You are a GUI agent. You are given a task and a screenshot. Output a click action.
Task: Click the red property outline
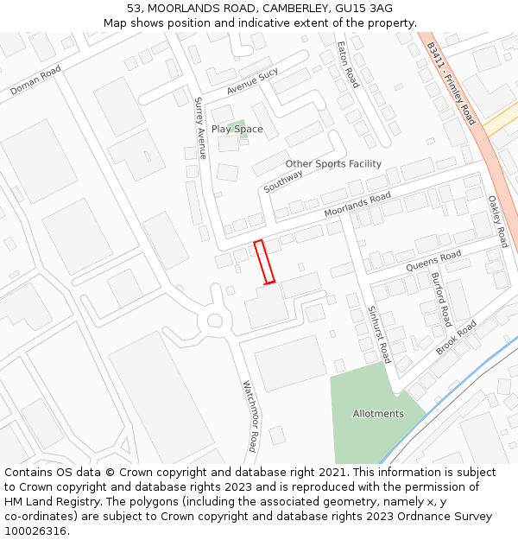[x=264, y=261]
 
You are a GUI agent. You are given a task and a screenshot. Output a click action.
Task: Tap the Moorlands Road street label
[x=357, y=205]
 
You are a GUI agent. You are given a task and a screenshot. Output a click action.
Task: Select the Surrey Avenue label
[x=200, y=128]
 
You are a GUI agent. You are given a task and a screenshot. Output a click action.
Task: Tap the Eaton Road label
[x=348, y=64]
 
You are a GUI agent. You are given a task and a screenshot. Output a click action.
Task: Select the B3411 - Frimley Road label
[x=451, y=84]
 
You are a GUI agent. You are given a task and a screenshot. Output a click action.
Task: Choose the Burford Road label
[x=440, y=299]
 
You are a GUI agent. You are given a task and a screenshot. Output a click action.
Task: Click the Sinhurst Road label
[x=379, y=334]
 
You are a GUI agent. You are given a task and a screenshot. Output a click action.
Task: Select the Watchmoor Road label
[x=250, y=416]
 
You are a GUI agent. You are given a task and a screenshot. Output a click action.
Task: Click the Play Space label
[x=237, y=130]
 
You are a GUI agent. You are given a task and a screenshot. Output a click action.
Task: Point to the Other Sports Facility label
[x=333, y=164]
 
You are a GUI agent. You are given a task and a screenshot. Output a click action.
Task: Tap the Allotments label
[x=378, y=414]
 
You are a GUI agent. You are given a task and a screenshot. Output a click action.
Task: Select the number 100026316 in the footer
[x=36, y=530]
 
